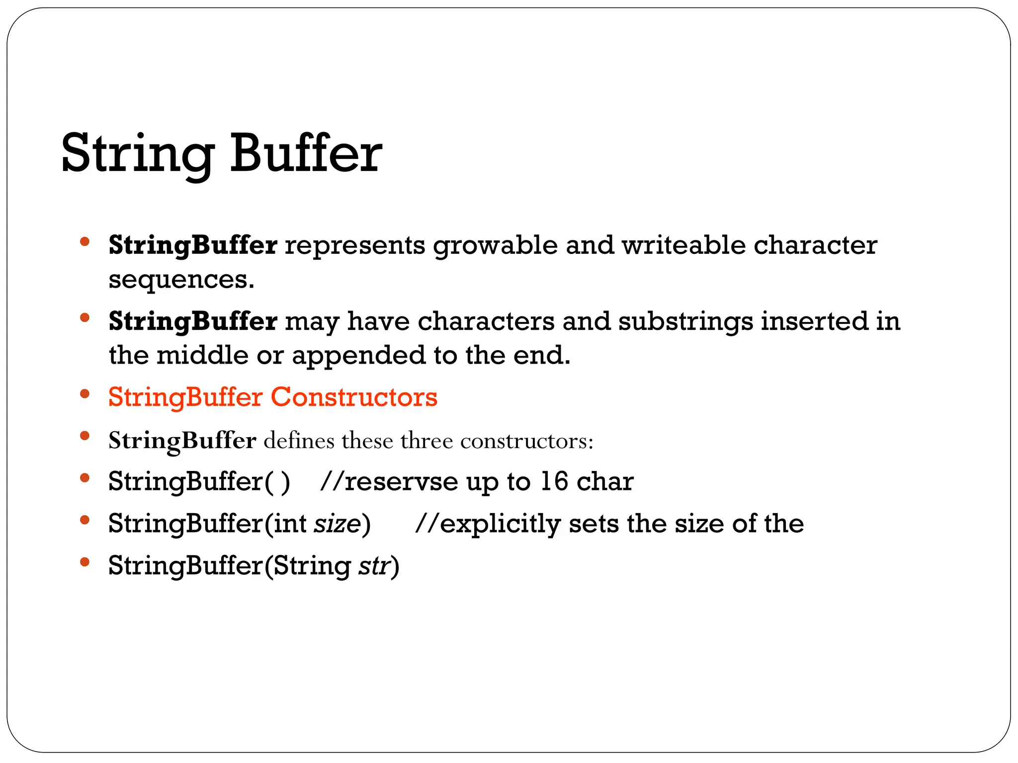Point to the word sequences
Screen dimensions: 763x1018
click(x=181, y=280)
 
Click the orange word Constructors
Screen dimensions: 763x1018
click(x=354, y=397)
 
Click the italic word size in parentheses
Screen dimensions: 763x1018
click(x=337, y=524)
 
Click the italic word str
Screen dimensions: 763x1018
click(x=374, y=566)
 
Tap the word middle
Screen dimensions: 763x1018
click(x=202, y=356)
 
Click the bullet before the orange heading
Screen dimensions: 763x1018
click(x=85, y=394)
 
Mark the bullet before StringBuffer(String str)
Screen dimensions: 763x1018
click(x=85, y=562)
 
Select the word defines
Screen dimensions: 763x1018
click(x=299, y=441)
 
